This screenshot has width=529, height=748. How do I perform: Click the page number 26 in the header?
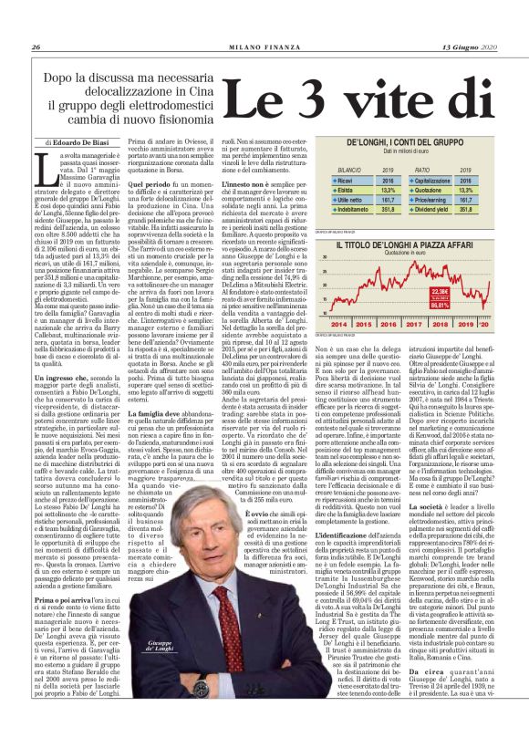click(x=35, y=21)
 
